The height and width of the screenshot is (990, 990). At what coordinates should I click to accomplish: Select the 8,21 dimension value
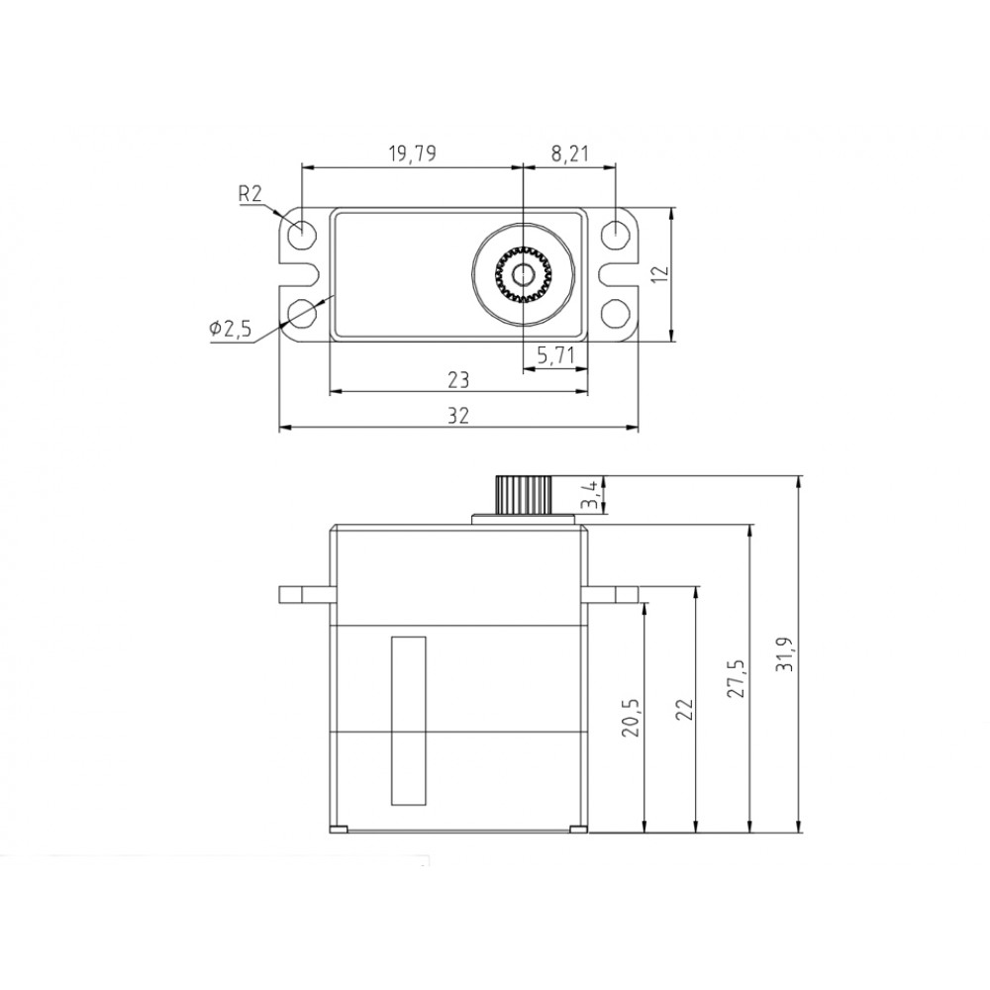click(x=569, y=152)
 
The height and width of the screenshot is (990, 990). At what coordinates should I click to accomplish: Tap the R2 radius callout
click(x=250, y=195)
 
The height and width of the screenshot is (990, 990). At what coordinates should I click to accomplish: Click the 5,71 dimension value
click(x=555, y=354)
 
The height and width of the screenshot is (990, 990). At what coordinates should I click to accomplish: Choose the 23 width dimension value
click(x=457, y=380)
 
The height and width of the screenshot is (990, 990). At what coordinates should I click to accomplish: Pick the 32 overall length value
click(x=457, y=417)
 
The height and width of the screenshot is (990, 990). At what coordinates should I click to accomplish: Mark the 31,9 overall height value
click(x=787, y=654)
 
